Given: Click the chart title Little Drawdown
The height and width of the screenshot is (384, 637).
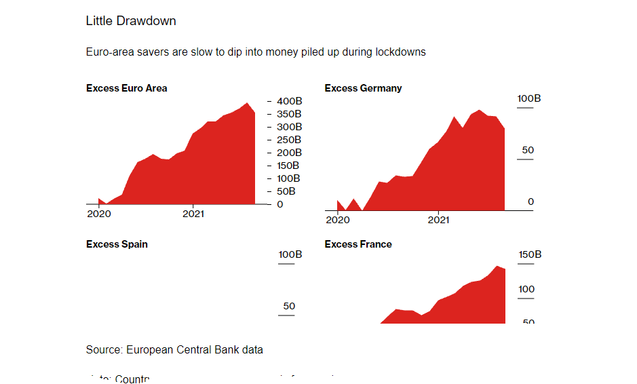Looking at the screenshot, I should pyautogui.click(x=131, y=21).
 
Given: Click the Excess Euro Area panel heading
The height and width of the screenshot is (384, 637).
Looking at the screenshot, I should pyautogui.click(x=127, y=88).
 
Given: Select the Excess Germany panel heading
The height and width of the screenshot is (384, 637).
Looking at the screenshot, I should pyautogui.click(x=363, y=88).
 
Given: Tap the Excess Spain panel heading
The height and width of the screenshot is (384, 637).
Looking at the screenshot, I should pyautogui.click(x=117, y=244).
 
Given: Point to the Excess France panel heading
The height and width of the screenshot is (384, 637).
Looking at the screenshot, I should pyautogui.click(x=358, y=244).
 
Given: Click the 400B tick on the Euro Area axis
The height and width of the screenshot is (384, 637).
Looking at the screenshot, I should pyautogui.click(x=289, y=101).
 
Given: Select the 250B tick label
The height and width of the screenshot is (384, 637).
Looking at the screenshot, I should pyautogui.click(x=289, y=140).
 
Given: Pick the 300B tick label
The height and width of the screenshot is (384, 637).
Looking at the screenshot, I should pyautogui.click(x=289, y=127).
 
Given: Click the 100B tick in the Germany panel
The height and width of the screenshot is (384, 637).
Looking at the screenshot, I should pyautogui.click(x=529, y=99).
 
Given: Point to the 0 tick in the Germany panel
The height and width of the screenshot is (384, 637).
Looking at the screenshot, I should pyautogui.click(x=530, y=201).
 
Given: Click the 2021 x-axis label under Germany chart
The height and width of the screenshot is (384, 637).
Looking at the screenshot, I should pyautogui.click(x=438, y=220).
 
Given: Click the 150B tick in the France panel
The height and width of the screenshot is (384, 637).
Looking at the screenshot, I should pyautogui.click(x=529, y=255).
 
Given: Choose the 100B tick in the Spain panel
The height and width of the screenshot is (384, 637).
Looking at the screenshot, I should pyautogui.click(x=290, y=255).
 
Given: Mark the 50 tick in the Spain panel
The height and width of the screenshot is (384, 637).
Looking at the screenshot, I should pyautogui.click(x=289, y=306).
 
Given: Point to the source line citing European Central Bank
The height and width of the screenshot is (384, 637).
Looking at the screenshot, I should pyautogui.click(x=174, y=350).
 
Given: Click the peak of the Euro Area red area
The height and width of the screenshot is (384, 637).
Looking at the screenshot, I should pyautogui.click(x=248, y=104).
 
